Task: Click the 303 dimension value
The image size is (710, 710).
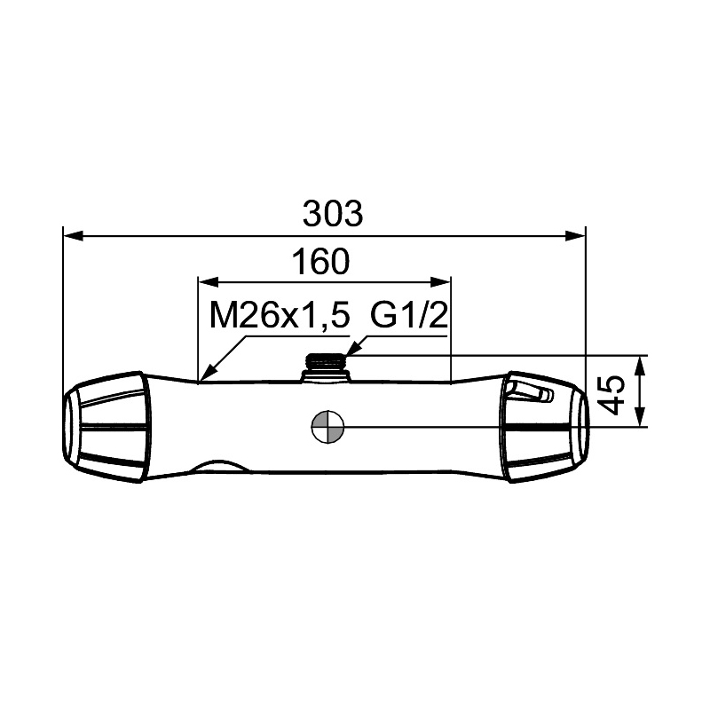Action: (333, 214)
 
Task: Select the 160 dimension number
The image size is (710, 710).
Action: (320, 261)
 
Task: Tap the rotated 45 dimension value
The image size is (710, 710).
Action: (614, 395)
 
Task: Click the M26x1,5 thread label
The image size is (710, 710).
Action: (280, 316)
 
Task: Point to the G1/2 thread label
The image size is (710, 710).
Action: (409, 315)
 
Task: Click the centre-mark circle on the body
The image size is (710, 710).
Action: (327, 427)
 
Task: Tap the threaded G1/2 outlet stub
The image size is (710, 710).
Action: (326, 367)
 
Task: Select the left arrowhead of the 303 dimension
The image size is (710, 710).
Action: (74, 235)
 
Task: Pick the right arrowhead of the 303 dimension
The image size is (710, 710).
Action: (575, 235)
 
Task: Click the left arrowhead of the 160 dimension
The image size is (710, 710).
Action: (209, 282)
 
